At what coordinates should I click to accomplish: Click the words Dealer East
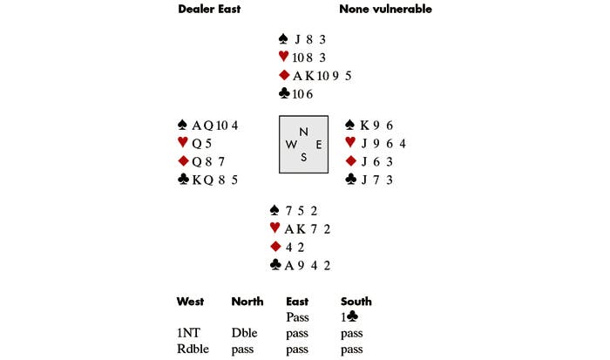pyautogui.click(x=209, y=9)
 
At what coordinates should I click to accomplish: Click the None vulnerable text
pyautogui.click(x=385, y=9)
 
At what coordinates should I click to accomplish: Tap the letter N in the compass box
pyautogui.click(x=303, y=132)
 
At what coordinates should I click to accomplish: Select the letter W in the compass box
pyautogui.click(x=291, y=145)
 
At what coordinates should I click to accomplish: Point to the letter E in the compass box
pyautogui.click(x=319, y=145)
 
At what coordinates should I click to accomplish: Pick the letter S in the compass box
pyautogui.click(x=303, y=157)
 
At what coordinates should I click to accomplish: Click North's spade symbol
pyautogui.click(x=283, y=38)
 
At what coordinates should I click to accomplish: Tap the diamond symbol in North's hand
pyautogui.click(x=284, y=75)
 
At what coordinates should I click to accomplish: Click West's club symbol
pyautogui.click(x=183, y=179)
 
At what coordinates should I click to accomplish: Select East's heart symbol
pyautogui.click(x=350, y=143)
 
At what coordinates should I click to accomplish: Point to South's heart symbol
pyautogui.click(x=274, y=228)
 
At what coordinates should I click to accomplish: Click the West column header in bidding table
pyautogui.click(x=190, y=302)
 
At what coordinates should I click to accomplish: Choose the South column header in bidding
pyautogui.click(x=356, y=302)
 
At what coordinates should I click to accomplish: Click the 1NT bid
pyautogui.click(x=189, y=333)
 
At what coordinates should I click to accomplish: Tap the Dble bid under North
pyautogui.click(x=244, y=333)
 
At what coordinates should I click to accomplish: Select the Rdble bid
pyautogui.click(x=193, y=349)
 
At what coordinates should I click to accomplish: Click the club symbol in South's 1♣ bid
pyautogui.click(x=352, y=316)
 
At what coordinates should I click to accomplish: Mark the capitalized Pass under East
pyautogui.click(x=297, y=317)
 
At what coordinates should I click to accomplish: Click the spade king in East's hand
pyautogui.click(x=364, y=126)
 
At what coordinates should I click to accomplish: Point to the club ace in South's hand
pyautogui.click(x=288, y=266)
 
